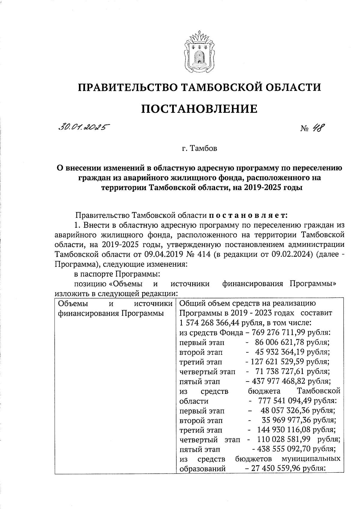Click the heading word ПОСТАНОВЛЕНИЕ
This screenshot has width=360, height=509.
click(x=199, y=109)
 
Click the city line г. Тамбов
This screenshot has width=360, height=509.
click(x=199, y=148)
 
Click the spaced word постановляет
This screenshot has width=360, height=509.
click(x=248, y=215)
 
